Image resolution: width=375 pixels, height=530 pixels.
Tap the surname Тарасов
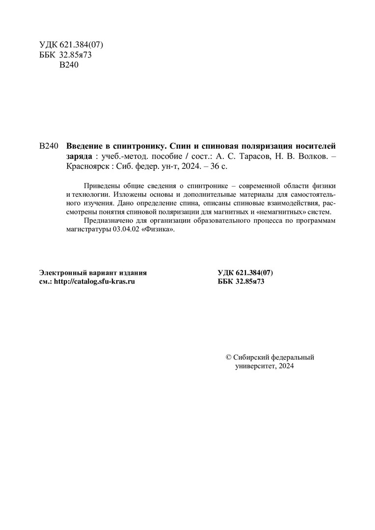[248, 156]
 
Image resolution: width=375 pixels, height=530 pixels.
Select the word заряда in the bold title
[79, 156]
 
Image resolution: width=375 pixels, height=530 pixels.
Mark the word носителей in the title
[319, 146]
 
